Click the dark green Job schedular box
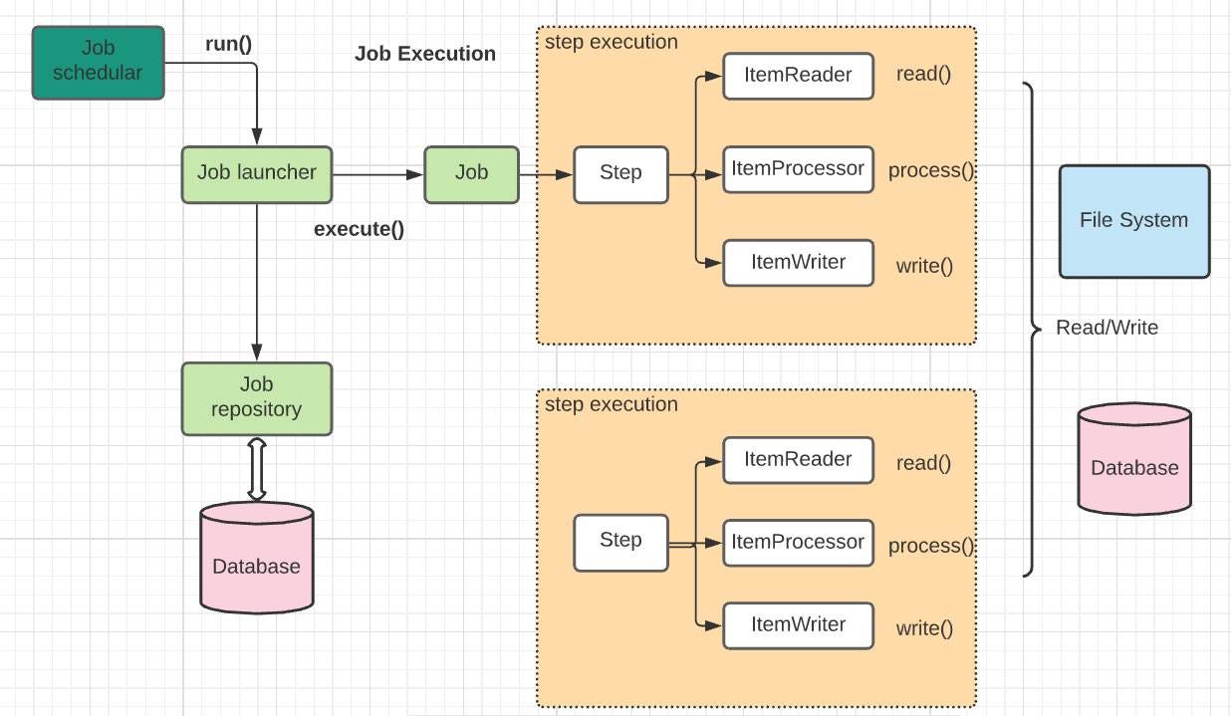tap(98, 62)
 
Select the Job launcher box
tap(256, 173)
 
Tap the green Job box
tap(471, 173)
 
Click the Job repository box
tap(256, 397)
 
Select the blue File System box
tap(1133, 221)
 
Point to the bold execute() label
tap(359, 229)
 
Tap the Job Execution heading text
tap(424, 54)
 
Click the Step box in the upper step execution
tap(620, 173)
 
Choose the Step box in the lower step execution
tap(620, 541)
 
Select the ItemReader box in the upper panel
tap(798, 76)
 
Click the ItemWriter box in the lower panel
tap(798, 625)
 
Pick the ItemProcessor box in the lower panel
tap(798, 543)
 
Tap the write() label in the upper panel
tap(924, 266)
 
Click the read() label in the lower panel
tap(923, 463)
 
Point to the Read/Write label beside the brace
tap(1107, 328)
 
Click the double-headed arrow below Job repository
tap(256, 468)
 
